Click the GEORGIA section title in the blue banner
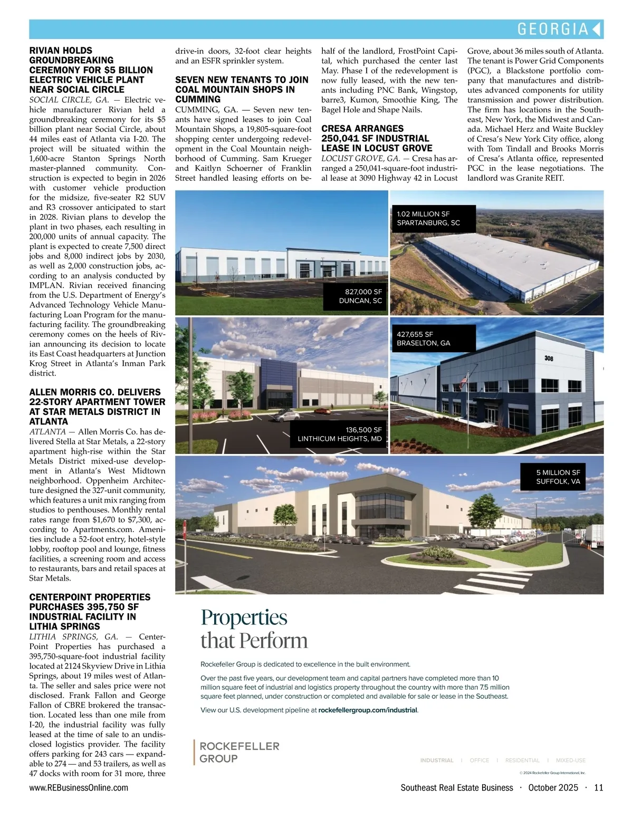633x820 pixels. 552,29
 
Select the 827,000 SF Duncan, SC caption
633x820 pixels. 360,296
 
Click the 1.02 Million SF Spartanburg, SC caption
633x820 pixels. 428,218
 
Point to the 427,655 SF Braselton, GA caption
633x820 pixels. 424,339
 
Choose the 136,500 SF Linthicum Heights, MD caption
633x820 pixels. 339,434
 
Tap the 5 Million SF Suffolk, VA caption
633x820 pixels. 558,477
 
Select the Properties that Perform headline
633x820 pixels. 254,629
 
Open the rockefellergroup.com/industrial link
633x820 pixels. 368,710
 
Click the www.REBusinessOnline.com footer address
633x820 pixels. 79,787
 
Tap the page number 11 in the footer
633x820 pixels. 598,787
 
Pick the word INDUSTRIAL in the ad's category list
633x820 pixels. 437,760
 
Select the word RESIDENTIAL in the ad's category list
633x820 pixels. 522,760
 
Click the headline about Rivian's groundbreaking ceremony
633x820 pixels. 91,70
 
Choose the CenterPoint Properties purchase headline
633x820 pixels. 90,612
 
